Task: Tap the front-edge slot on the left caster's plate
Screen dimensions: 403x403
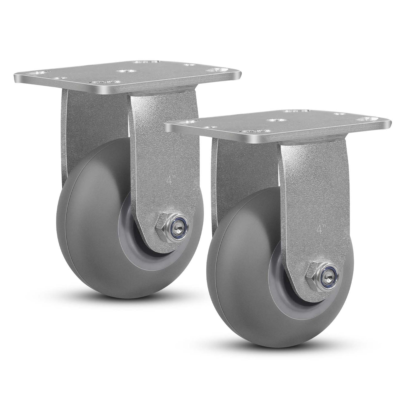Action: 107,82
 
